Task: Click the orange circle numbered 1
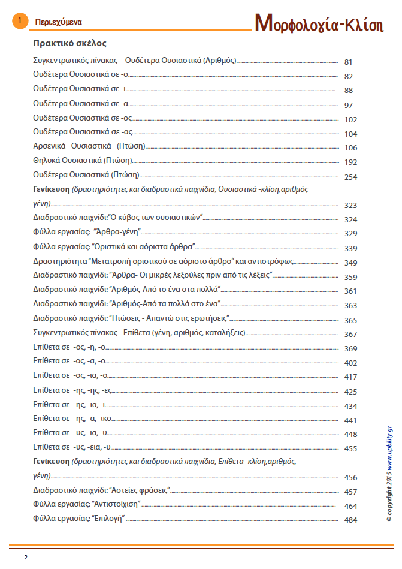20,22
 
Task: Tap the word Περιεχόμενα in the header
58,22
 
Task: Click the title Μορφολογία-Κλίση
319,23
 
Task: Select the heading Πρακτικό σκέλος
70,44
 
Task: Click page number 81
349,62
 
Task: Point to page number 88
349,91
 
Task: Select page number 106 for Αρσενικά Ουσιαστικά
350,148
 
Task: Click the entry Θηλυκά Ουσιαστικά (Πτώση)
82,161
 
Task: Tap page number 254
350,177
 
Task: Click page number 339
350,248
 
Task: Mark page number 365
350,320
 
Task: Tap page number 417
350,377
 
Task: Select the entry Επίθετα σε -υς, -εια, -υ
71,447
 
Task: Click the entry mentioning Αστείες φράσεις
102,490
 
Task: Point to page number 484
350,520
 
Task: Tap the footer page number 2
26,558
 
